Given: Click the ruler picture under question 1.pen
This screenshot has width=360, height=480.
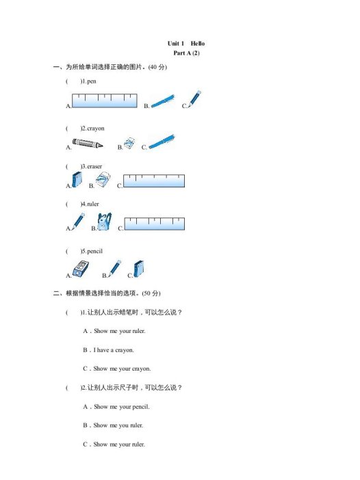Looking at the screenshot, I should coord(105,101).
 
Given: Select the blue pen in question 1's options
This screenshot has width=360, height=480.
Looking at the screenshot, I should coord(162,101).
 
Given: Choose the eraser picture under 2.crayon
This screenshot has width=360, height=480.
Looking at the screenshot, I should coord(129,142).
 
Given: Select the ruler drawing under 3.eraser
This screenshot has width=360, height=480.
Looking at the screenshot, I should coord(155,181).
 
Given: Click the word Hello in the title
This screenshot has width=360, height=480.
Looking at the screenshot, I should coord(198,43).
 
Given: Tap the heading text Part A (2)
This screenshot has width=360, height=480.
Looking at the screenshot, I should coord(186,53).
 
